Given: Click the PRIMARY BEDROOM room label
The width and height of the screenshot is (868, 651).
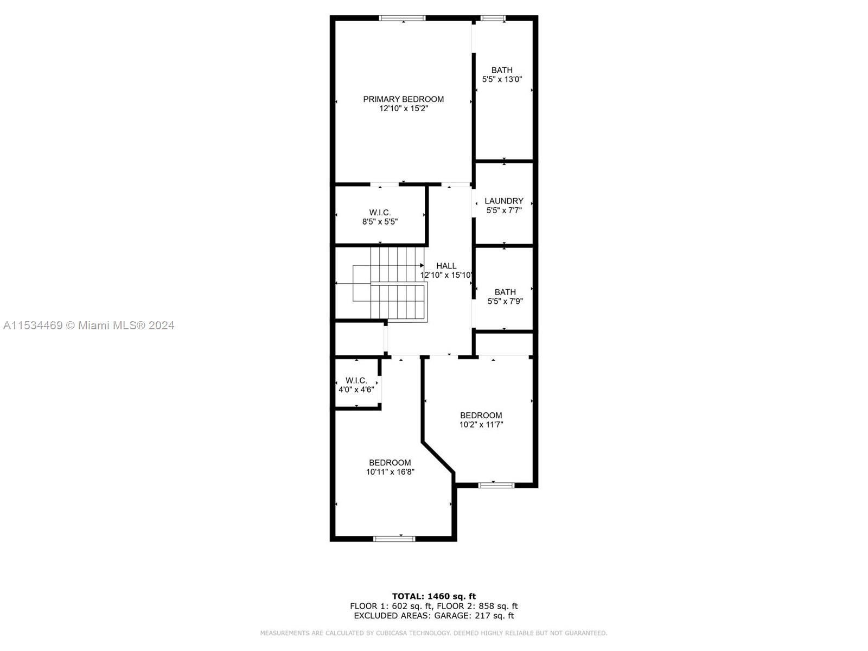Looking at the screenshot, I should tap(403, 99).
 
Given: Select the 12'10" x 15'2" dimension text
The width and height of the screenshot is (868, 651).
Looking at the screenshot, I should tap(403, 108).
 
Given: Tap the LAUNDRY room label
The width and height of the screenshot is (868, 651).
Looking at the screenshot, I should tap(504, 201).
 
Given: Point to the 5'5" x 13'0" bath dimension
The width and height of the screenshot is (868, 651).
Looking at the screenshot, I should tap(502, 79).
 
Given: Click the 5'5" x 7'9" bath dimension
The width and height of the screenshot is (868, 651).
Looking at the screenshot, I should tap(505, 302).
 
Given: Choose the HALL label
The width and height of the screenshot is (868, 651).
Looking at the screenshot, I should tap(446, 266).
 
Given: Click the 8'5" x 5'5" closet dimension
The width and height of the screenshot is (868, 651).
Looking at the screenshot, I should tap(380, 222).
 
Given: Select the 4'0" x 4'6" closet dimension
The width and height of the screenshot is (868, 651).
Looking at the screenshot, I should tap(356, 390).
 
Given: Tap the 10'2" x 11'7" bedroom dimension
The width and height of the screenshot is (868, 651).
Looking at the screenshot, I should tap(481, 425).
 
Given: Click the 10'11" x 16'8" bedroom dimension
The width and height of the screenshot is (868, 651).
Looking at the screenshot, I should tap(390, 472).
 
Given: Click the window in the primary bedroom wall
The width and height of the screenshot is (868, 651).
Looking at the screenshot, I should tap(402, 18).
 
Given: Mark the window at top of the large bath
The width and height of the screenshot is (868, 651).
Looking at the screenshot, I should tap(493, 18).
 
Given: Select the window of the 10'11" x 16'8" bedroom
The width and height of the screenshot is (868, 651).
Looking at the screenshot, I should tap(394, 539).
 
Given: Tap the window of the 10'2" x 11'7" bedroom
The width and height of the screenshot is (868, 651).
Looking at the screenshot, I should tap(496, 485).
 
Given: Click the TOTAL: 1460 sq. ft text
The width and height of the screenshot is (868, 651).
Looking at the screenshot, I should tap(434, 596).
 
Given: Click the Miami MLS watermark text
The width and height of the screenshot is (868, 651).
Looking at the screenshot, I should tap(89, 325).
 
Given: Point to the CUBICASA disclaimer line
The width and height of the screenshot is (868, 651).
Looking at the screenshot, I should tap(434, 633).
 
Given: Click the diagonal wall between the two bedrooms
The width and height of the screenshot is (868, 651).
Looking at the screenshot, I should tap(438, 457).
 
